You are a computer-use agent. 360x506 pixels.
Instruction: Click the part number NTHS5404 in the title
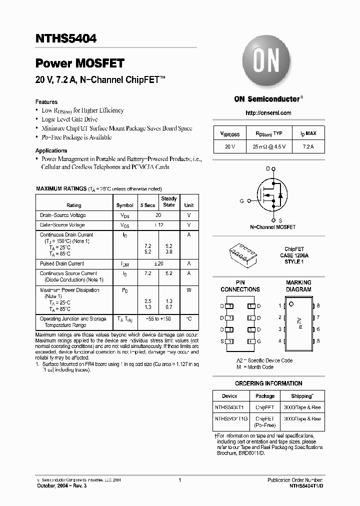pos(66,37)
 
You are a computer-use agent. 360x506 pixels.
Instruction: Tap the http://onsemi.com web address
pos(268,113)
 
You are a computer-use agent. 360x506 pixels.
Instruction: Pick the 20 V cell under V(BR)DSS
pos(229,146)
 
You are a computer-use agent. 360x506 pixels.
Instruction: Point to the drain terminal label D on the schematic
pos(267,168)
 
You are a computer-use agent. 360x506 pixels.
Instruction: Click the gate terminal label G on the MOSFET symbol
pos(241,200)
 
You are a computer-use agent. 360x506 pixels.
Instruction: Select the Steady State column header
pos(169,201)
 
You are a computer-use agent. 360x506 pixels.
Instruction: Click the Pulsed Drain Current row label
pos(62,263)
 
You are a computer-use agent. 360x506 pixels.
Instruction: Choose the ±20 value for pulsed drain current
pos(158,263)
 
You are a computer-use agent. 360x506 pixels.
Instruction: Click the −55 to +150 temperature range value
pos(158,318)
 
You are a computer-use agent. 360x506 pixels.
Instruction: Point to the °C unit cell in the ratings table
pos(189,318)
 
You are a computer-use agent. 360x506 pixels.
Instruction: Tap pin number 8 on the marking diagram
pos(318,305)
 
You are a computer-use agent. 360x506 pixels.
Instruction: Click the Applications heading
pos(51,150)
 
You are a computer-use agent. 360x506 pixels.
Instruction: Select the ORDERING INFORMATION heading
pos(268,383)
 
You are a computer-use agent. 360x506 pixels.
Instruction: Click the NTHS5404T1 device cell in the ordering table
pos(229,407)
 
